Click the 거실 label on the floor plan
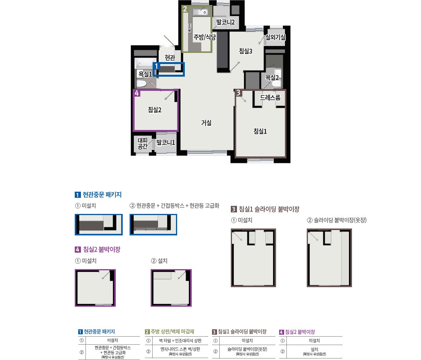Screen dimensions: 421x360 [206, 123]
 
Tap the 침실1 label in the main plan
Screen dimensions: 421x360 [260, 131]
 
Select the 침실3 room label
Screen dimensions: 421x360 [246, 51]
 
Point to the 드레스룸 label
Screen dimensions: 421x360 [270, 97]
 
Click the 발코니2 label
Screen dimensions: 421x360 [225, 22]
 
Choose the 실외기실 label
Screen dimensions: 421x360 [275, 37]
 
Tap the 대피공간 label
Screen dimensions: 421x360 [143, 143]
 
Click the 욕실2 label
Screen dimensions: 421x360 [272, 77]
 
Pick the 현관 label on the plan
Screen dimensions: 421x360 [170, 58]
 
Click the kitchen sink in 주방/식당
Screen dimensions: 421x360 [200, 12]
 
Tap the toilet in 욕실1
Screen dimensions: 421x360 [141, 84]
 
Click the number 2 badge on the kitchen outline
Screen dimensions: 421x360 [185, 9]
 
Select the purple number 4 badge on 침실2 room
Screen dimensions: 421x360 [136, 93]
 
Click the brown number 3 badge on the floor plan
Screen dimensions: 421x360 [238, 93]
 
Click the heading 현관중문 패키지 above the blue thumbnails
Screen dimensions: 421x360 [102, 195]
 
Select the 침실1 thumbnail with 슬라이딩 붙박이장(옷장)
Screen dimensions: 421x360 [329, 258]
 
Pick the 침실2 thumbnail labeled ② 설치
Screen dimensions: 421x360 [171, 288]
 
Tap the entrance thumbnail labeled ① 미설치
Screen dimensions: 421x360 [99, 224]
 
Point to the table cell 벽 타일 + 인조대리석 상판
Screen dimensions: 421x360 [180, 341]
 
